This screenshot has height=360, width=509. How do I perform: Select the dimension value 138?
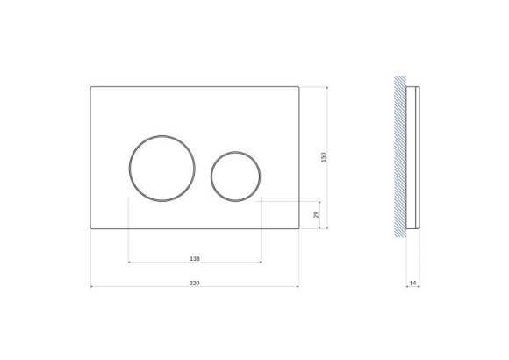pos(195,258)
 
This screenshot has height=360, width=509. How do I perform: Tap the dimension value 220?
pos(194,283)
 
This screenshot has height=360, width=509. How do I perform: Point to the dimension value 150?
pos(324,157)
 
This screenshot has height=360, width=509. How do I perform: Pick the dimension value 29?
pos(317,214)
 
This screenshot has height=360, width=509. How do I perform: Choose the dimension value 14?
pos(412,283)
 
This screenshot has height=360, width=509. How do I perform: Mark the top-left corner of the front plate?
pos(91,86)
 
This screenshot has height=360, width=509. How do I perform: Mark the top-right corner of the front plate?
pos(298,86)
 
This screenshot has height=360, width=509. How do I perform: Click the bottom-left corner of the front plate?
pos(91,228)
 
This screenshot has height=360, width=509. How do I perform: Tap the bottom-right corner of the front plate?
pos(298,228)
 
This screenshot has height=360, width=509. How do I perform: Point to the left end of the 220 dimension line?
pos(91,286)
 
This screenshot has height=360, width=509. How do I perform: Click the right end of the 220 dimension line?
pos(298,286)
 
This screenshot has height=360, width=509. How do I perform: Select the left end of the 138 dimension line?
pos(129,262)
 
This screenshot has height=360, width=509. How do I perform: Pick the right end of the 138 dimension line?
pos(261,262)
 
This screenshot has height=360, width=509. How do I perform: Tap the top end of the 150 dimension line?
pos(327,86)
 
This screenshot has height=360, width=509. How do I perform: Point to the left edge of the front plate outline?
pos(90,157)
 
